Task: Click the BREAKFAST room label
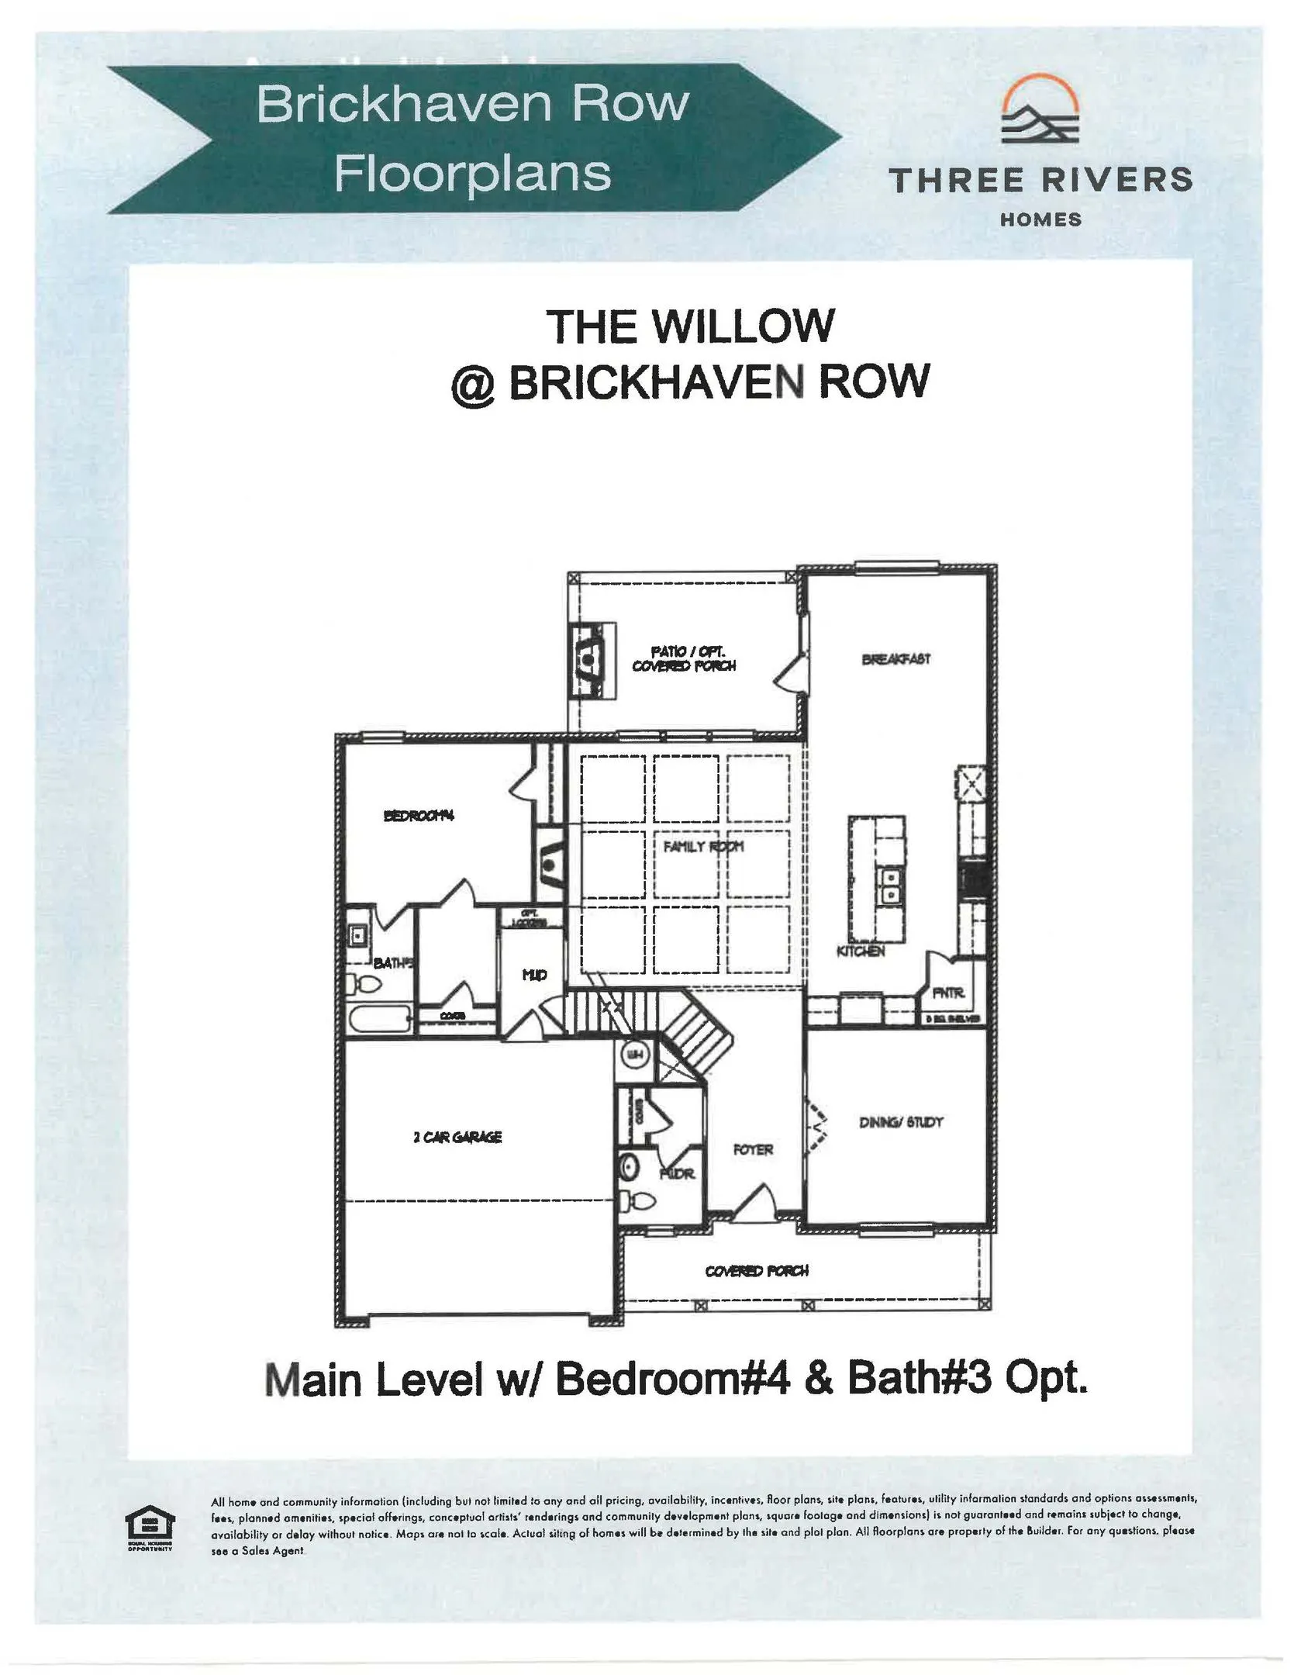click(x=895, y=659)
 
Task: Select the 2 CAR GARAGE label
click(x=457, y=1137)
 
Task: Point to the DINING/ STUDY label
click(x=901, y=1122)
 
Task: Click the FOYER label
click(x=753, y=1149)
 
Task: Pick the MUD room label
click(x=534, y=975)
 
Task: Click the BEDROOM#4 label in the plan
click(x=419, y=815)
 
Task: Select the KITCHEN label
click(x=861, y=951)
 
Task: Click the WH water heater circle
click(x=635, y=1055)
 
